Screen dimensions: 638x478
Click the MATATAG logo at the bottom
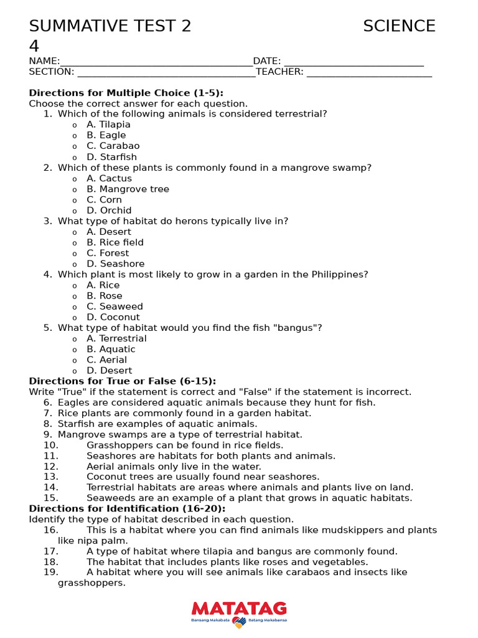point(239,613)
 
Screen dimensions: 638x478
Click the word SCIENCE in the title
point(399,26)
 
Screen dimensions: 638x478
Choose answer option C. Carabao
point(113,146)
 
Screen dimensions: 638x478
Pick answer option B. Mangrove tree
point(128,189)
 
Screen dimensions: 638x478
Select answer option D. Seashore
point(116,264)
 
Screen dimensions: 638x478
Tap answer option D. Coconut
point(113,317)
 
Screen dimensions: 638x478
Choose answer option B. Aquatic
point(111,349)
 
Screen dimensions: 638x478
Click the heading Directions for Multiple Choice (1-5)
point(126,93)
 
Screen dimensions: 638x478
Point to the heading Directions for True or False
point(123,381)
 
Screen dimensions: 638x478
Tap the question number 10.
point(51,445)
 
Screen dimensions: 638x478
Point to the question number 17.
point(51,551)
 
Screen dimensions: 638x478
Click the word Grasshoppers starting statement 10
point(118,445)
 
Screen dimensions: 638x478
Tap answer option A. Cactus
point(110,178)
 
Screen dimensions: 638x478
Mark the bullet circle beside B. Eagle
point(75,136)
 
